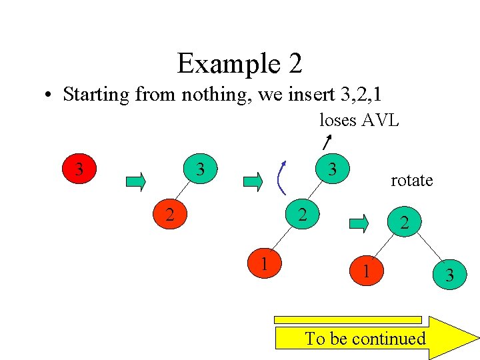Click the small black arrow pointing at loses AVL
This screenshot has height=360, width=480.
click(327, 141)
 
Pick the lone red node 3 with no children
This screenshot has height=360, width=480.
click(79, 169)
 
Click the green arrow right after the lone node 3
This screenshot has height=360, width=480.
click(135, 181)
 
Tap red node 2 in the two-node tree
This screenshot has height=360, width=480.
click(170, 215)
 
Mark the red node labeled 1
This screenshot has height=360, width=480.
click(265, 263)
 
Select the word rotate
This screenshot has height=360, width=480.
click(411, 181)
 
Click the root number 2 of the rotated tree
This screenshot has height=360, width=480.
click(404, 224)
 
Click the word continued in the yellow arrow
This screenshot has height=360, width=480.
click(390, 339)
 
